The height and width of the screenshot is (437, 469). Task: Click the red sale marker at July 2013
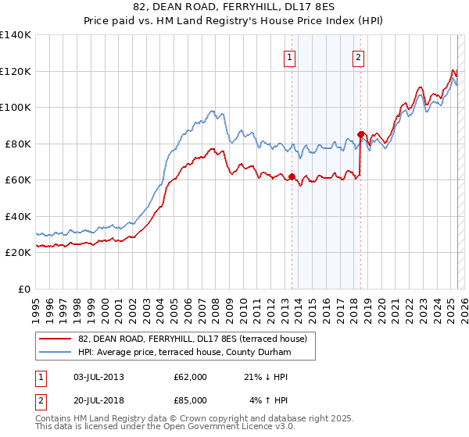pos(292,176)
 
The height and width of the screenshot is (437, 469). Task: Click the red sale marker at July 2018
pos(360,134)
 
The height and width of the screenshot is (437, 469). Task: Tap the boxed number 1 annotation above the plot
pos(290,56)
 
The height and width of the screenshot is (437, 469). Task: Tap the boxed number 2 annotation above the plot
pos(358,56)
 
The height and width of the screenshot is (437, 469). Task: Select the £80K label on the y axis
pos(18,144)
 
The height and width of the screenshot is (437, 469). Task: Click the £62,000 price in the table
pos(190,377)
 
